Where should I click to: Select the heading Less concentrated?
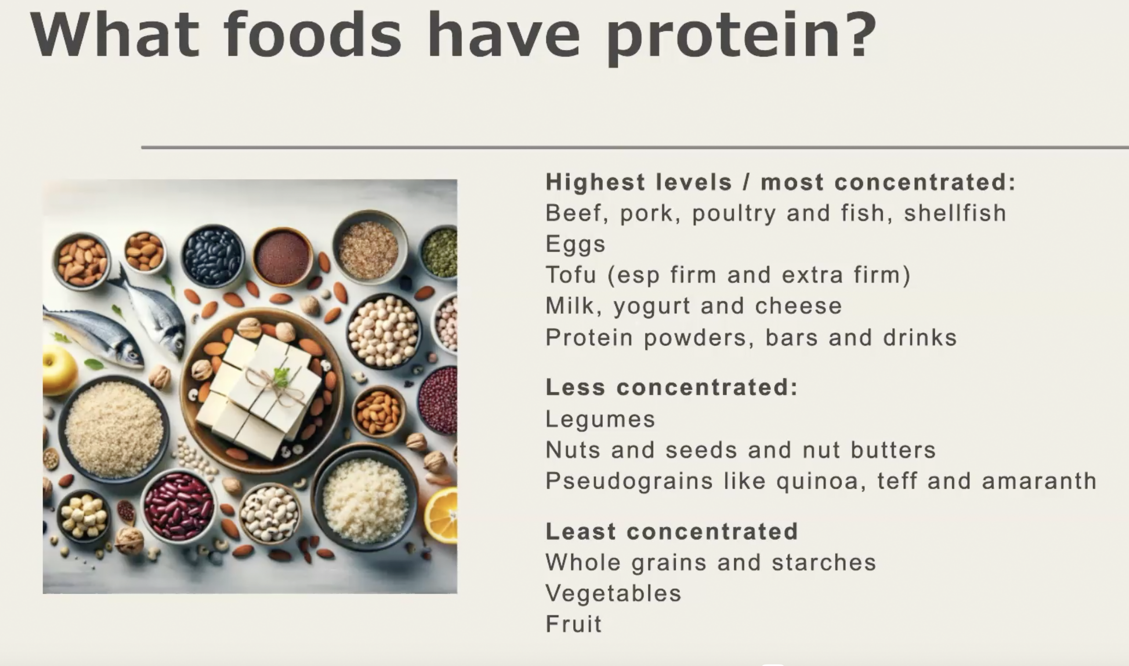(671, 387)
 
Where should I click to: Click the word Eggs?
(575, 245)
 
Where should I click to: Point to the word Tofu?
(571, 275)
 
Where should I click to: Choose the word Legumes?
(600, 420)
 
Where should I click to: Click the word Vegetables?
(613, 593)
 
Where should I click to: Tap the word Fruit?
(574, 624)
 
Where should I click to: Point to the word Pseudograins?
(629, 482)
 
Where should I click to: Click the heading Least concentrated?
(671, 531)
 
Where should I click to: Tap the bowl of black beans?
(213, 255)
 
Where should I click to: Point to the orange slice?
(442, 515)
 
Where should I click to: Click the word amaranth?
(1039, 481)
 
